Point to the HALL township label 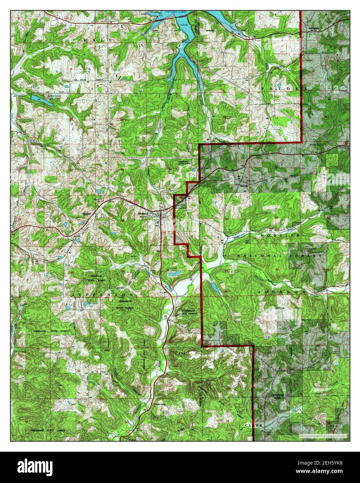98,41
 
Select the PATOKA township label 285,89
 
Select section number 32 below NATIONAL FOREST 277,269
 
